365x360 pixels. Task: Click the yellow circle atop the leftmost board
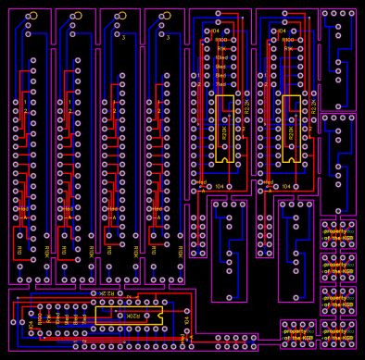point(33,16)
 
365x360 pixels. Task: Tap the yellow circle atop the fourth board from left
point(167,16)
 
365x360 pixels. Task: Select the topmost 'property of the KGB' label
point(338,235)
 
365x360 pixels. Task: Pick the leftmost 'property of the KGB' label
point(297,333)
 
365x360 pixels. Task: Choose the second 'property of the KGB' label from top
point(338,268)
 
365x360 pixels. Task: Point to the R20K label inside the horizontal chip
point(134,315)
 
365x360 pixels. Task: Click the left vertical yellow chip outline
point(224,129)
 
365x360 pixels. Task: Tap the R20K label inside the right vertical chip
point(291,132)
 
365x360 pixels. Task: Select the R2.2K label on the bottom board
point(107,293)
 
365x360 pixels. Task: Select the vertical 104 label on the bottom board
point(185,320)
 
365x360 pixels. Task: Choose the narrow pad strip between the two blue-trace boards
point(265,235)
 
